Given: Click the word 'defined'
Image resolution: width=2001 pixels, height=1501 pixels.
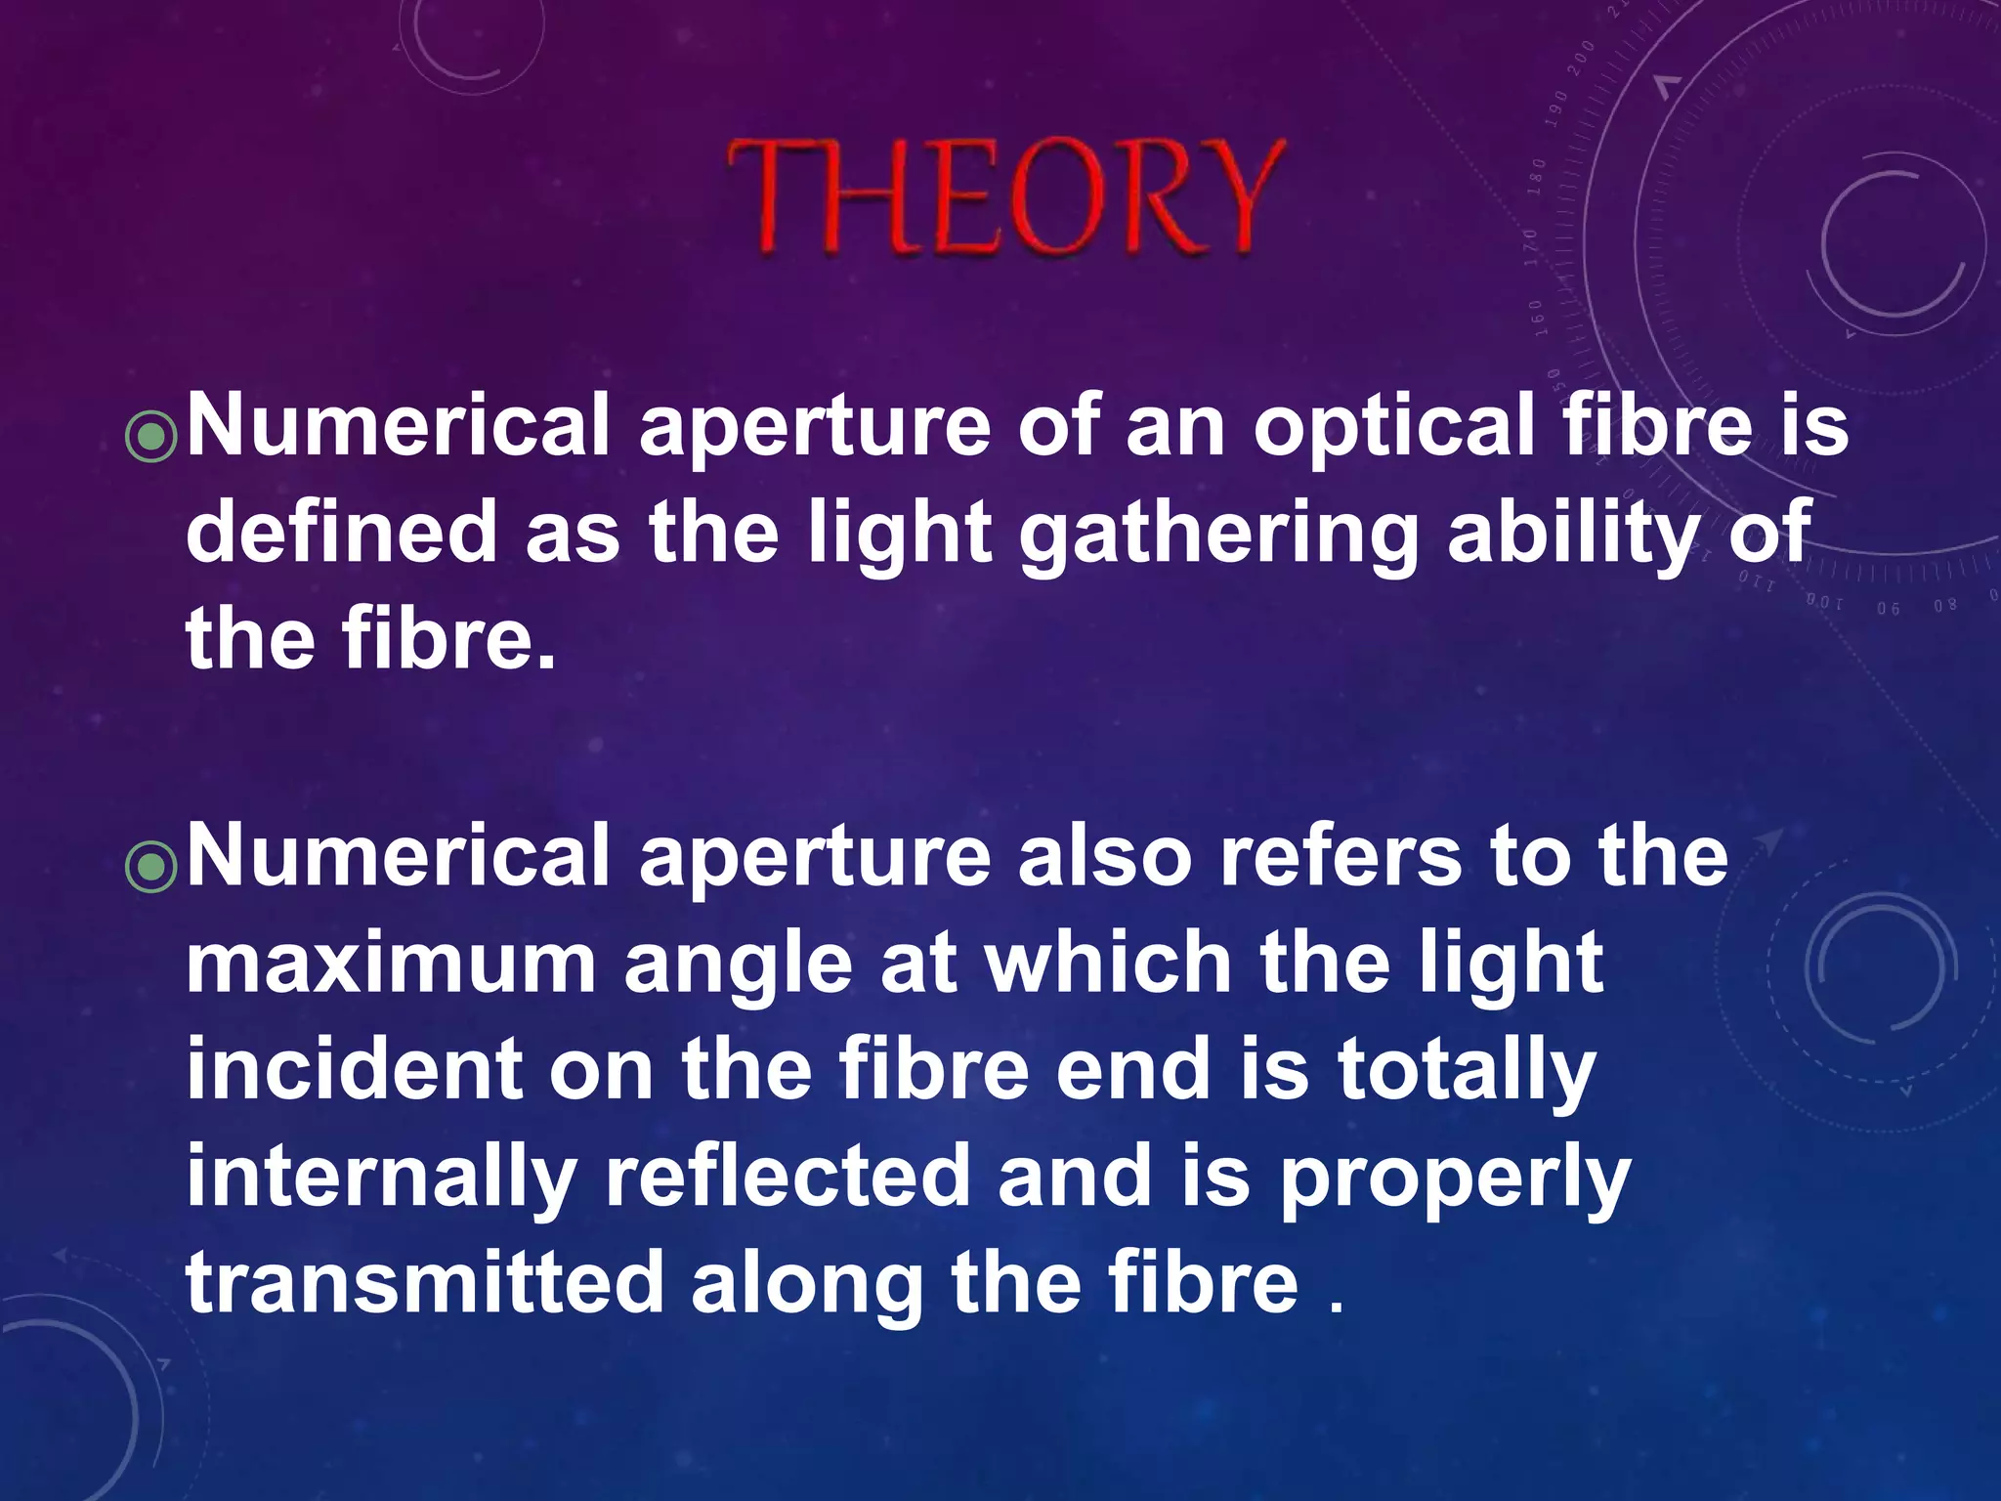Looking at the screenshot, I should [342, 533].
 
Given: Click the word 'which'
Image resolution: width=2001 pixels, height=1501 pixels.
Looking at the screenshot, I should [1108, 963].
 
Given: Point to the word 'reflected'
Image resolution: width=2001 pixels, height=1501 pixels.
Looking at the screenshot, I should [788, 1178].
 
